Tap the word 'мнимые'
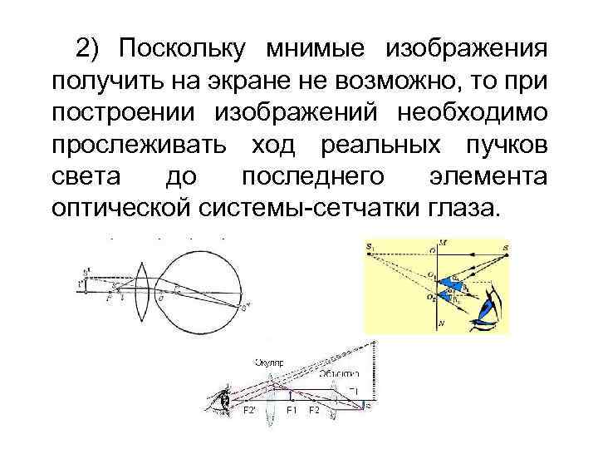tap(318, 48)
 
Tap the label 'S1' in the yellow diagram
tap(370, 247)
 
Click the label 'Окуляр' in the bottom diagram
tap(269, 363)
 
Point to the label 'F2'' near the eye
tap(248, 410)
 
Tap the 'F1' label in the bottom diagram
tap(292, 410)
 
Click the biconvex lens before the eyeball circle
tap(142, 288)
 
